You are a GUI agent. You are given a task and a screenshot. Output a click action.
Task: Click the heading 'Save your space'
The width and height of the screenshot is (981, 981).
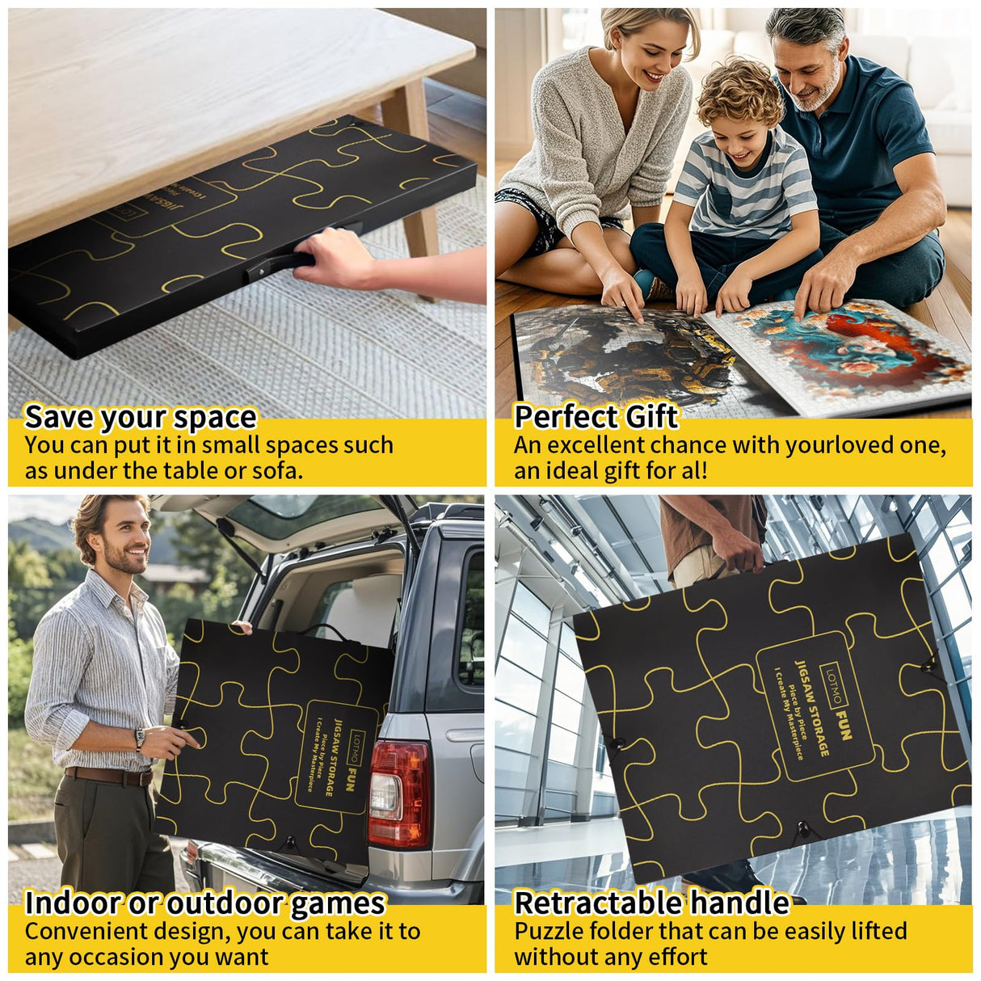(x=141, y=418)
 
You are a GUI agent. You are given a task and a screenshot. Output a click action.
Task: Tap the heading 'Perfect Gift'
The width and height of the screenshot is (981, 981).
(x=596, y=416)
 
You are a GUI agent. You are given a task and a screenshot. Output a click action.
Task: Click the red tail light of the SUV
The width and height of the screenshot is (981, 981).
(x=399, y=794)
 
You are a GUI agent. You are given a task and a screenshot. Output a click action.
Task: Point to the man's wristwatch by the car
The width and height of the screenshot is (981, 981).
(x=140, y=739)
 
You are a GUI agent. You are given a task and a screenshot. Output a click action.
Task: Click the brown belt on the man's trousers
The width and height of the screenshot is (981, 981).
(x=108, y=776)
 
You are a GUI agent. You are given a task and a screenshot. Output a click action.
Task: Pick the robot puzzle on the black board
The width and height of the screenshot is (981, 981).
(x=626, y=356)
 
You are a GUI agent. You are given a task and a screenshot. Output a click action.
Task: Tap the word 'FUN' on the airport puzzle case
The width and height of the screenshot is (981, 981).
(x=843, y=726)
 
